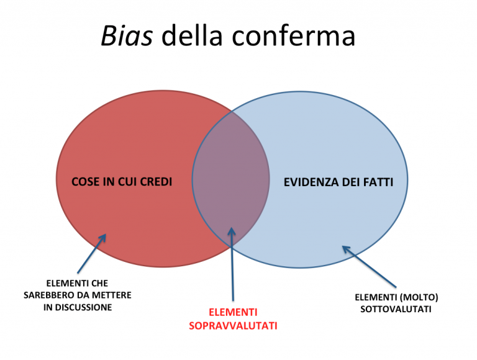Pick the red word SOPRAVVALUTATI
[x=233, y=325]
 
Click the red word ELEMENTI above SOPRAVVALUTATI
[x=233, y=312]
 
